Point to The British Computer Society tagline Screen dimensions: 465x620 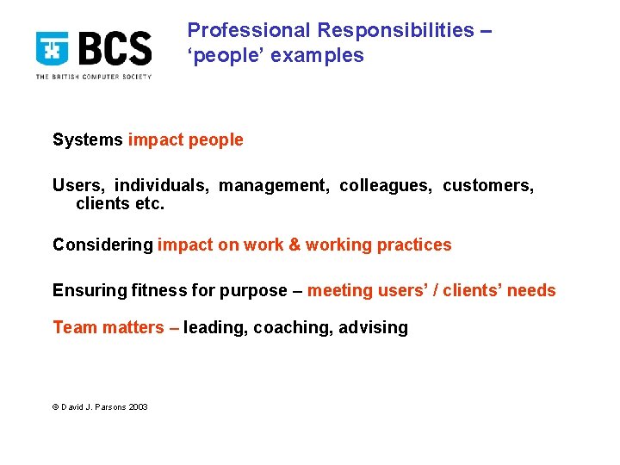(x=93, y=77)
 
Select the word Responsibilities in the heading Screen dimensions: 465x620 (x=395, y=30)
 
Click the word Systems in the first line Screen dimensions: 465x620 (x=88, y=139)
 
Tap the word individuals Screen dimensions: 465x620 (x=162, y=186)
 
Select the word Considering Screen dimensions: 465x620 (x=102, y=245)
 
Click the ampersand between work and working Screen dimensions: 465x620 (x=294, y=245)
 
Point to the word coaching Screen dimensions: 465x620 (x=293, y=327)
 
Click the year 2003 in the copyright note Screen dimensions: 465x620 (x=138, y=407)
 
